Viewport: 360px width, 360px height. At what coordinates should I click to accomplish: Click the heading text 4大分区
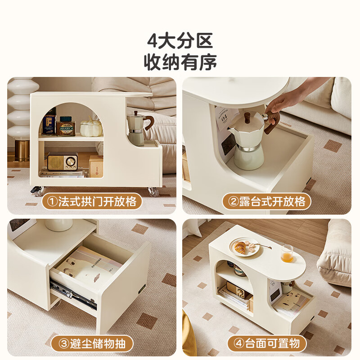tap(180, 41)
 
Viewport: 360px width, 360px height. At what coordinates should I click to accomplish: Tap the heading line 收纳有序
tap(180, 62)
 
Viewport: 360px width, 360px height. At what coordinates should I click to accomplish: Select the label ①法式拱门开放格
tap(92, 201)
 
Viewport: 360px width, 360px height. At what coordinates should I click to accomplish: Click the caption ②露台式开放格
tap(267, 201)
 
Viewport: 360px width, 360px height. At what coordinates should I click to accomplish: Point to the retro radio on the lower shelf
tap(62, 161)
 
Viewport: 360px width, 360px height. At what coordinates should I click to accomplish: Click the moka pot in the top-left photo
tap(136, 128)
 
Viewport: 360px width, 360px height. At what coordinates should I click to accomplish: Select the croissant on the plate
tap(242, 247)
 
